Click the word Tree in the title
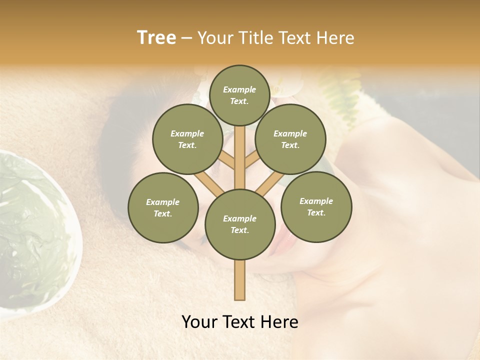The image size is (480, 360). pos(156,37)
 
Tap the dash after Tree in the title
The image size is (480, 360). pos(186,38)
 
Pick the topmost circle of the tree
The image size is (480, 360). pos(239,95)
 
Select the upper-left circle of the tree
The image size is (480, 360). pos(187,139)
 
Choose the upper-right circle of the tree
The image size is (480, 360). pos(290,139)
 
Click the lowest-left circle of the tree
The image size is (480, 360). pos(162,207)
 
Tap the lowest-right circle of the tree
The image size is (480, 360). pos(316,206)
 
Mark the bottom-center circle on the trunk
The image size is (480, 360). pos(240,224)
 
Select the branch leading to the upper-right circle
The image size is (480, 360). pos(251,161)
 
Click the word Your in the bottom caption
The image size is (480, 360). pos(199,322)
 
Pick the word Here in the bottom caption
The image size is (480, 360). pos(279,322)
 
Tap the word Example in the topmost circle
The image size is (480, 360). pos(239,89)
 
